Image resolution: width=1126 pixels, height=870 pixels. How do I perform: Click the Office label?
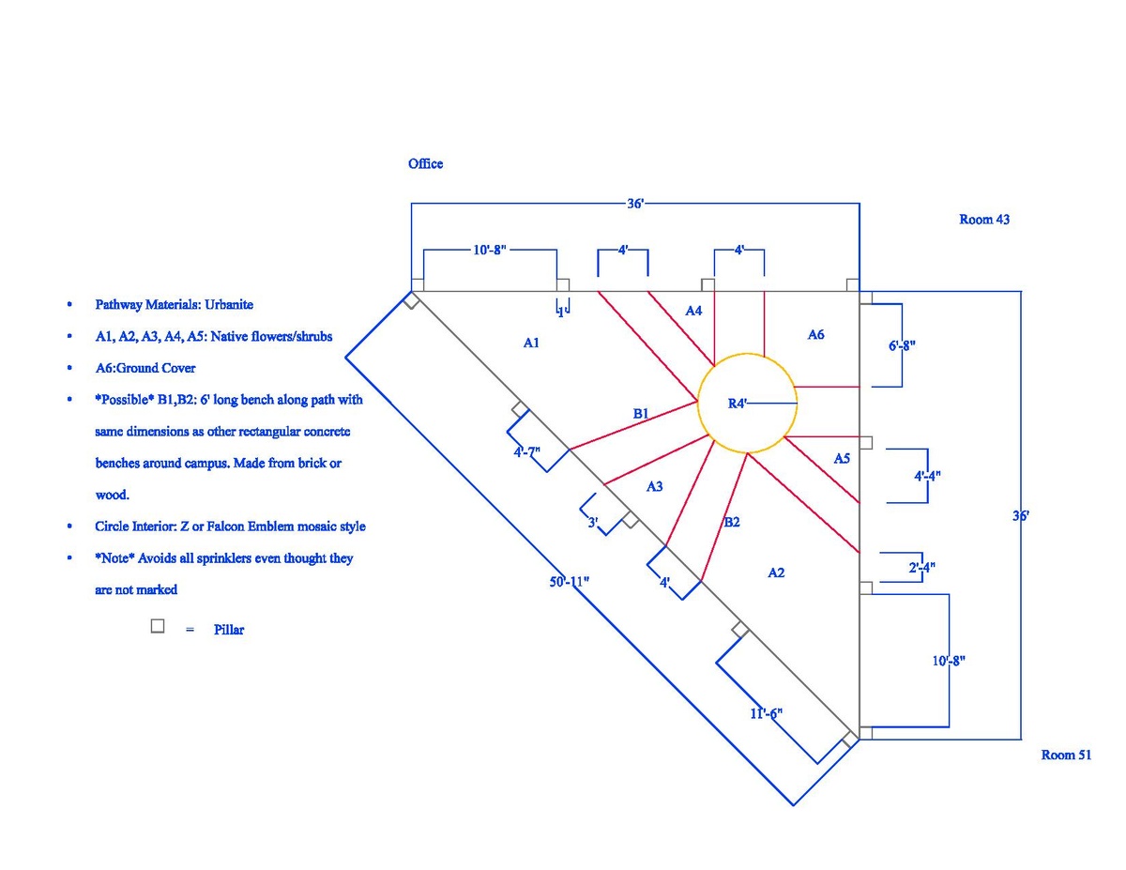point(425,163)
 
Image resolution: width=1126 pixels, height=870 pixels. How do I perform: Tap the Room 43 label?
point(983,220)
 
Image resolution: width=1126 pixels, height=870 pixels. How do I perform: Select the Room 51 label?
point(1066,755)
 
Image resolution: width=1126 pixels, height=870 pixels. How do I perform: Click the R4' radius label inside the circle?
point(738,404)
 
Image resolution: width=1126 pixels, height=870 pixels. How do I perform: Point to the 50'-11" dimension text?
point(570,582)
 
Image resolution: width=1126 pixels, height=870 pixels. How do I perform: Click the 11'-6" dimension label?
point(766,714)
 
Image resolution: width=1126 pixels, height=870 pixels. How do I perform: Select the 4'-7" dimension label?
point(527,452)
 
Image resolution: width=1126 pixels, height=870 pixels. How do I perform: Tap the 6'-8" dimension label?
point(902,345)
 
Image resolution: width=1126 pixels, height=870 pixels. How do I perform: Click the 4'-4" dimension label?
point(927,476)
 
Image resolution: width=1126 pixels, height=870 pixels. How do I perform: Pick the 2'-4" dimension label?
point(921,567)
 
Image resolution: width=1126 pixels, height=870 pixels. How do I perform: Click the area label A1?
point(531,343)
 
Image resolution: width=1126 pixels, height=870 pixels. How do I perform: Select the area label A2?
point(776,572)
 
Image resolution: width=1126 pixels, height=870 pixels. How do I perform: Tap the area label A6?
point(816,334)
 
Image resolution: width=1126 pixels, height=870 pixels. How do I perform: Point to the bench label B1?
point(641,413)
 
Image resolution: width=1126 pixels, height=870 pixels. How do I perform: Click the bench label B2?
point(732,523)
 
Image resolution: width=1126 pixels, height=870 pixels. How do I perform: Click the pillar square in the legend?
point(158,626)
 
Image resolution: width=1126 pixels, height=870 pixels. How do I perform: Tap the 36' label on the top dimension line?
point(636,203)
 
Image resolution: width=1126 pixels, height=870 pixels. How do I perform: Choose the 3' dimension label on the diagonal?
point(593,523)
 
